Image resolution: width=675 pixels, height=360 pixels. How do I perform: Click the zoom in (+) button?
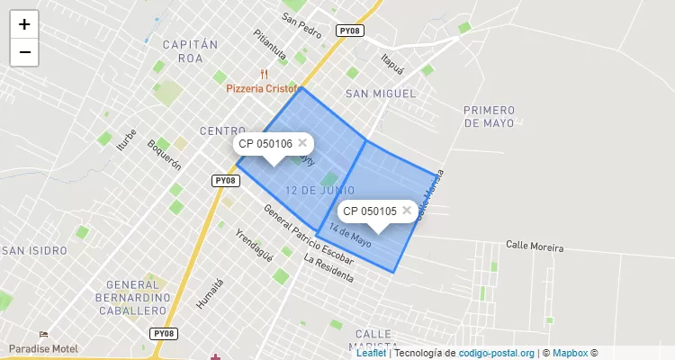(24, 24)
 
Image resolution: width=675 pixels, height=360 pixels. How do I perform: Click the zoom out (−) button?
(24, 52)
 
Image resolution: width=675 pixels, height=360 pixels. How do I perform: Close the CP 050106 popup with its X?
(302, 142)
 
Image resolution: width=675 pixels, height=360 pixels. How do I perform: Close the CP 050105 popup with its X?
(407, 210)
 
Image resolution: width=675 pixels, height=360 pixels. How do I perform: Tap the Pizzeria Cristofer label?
(262, 89)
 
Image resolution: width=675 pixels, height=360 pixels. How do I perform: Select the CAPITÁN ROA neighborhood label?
(190, 50)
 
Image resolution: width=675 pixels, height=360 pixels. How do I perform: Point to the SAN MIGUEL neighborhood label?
(381, 94)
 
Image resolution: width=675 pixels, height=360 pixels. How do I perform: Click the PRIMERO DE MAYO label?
(489, 116)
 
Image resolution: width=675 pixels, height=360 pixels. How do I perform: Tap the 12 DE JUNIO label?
(319, 191)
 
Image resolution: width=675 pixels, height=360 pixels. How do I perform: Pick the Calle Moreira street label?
(535, 246)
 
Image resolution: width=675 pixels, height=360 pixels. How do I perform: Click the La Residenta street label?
(328, 268)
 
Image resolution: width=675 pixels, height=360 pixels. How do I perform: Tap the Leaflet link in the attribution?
(371, 353)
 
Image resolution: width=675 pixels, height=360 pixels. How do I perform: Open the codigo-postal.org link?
(497, 353)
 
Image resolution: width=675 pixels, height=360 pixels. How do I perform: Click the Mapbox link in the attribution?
(569, 353)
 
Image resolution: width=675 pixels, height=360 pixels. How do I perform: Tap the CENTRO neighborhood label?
(222, 131)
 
